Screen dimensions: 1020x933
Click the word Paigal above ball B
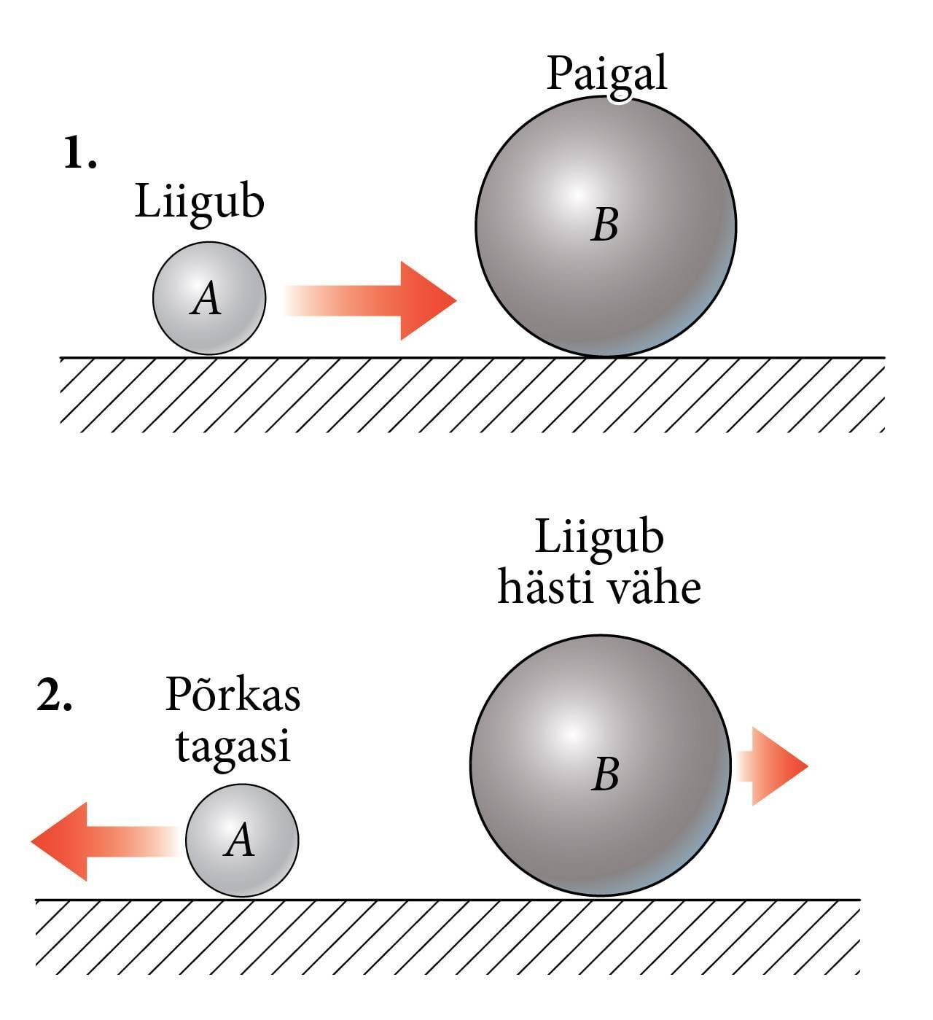click(606, 74)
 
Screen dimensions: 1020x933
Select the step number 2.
click(55, 698)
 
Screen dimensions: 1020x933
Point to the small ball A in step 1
click(209, 298)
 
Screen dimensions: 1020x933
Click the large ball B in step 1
click(606, 226)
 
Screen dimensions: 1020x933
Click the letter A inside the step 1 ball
click(206, 299)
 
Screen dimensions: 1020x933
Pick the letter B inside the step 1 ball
click(605, 225)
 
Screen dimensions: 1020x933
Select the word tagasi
click(233, 746)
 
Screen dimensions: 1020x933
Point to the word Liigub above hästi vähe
click(599, 537)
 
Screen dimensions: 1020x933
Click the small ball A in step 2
click(242, 841)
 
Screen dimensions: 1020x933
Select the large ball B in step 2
click(601, 766)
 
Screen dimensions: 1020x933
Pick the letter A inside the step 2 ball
click(240, 841)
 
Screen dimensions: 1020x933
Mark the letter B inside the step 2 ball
click(605, 774)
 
